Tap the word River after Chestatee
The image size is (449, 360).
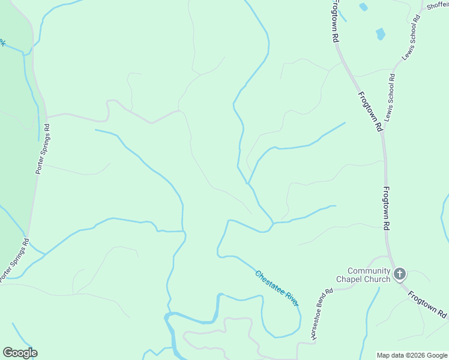tap(291, 298)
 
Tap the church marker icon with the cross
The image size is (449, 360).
tap(400, 275)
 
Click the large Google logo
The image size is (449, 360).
tap(20, 353)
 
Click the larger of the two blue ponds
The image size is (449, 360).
tap(380, 34)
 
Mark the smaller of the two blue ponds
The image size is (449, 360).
tap(363, 7)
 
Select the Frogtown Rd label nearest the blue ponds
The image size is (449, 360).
tap(334, 21)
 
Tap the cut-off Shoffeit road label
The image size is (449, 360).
tap(438, 5)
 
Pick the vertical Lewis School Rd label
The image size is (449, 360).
tap(391, 97)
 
